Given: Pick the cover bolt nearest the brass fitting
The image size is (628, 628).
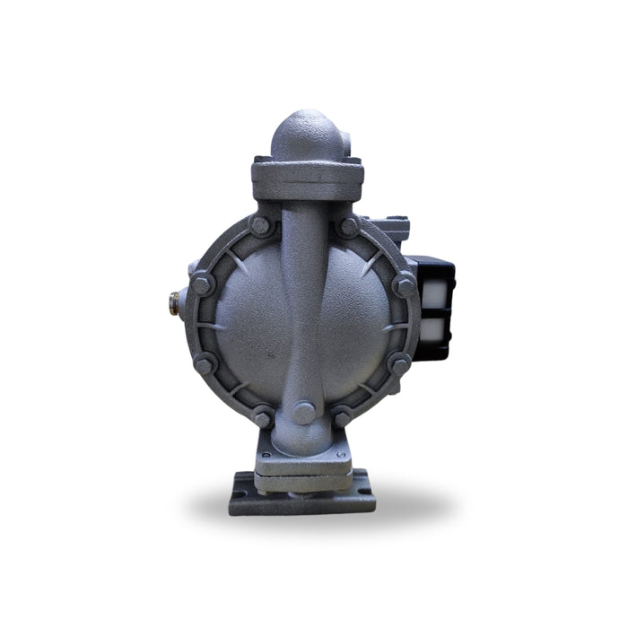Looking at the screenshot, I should coord(203,287).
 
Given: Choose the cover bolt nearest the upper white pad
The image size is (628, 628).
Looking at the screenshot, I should coord(403,285).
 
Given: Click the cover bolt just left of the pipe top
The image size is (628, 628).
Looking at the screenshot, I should coord(260,226).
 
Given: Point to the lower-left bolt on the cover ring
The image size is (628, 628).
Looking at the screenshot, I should coord(205,363).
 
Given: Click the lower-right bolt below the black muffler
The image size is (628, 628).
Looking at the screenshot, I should coord(399,362).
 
